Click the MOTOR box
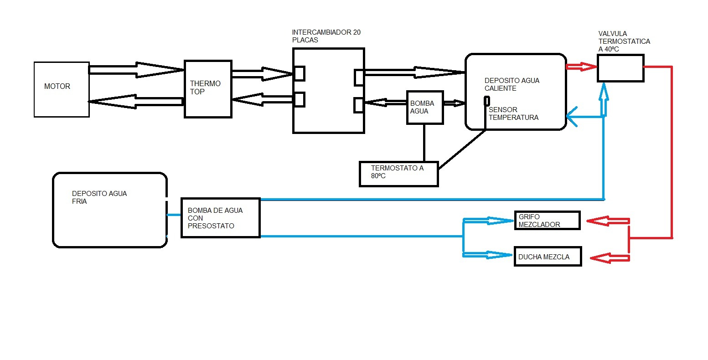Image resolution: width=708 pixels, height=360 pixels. (x=62, y=89)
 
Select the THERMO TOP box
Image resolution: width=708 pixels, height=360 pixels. (x=208, y=89)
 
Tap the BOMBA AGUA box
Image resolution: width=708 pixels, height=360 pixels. (x=424, y=107)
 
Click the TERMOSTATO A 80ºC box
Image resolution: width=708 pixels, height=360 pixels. (x=398, y=173)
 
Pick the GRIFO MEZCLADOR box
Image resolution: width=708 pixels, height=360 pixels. (x=547, y=221)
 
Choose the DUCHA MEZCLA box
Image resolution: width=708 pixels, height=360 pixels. (x=548, y=257)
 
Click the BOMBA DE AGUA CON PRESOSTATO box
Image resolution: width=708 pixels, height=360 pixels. (x=220, y=218)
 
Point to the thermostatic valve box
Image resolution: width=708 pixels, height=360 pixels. (x=620, y=68)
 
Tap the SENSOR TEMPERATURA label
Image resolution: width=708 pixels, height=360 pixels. (x=513, y=113)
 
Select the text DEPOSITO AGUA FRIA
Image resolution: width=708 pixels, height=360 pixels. (x=99, y=197)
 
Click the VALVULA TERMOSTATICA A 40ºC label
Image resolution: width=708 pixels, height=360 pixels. (x=624, y=41)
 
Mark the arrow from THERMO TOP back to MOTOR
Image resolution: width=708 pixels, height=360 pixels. (x=136, y=102)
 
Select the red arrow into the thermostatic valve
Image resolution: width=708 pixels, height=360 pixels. (x=581, y=67)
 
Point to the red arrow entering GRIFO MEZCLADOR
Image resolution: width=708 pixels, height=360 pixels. (x=607, y=221)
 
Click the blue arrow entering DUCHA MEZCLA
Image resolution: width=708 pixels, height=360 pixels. (x=488, y=255)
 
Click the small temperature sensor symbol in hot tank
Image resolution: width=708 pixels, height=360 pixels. (x=487, y=101)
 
